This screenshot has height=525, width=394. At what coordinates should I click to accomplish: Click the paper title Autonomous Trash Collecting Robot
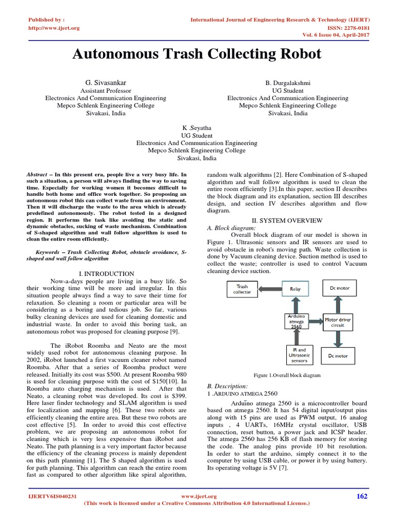click(197, 54)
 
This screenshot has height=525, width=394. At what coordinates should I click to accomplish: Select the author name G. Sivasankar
click(105, 83)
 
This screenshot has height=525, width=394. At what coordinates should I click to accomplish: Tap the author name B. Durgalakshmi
click(288, 83)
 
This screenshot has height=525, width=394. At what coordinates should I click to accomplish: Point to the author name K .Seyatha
click(196, 128)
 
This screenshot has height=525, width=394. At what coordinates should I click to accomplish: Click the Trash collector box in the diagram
click(242, 290)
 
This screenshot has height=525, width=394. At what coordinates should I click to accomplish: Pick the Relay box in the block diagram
click(295, 289)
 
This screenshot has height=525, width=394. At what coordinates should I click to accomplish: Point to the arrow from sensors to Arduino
click(295, 338)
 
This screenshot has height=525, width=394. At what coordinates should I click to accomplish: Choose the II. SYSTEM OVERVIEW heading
click(286, 220)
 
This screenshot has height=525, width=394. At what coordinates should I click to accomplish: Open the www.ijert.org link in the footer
click(199, 496)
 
